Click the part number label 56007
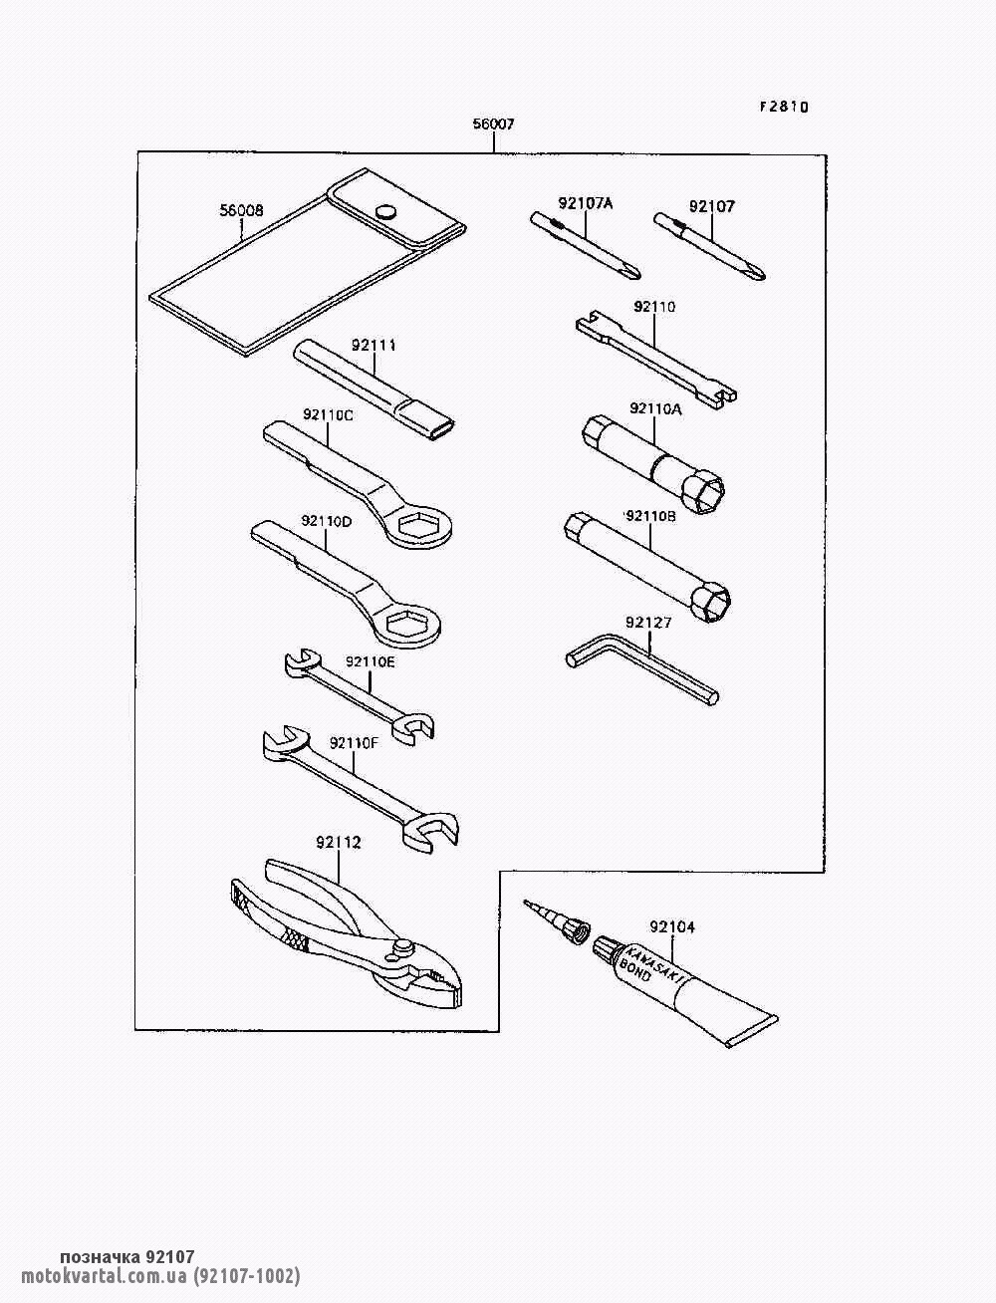pos(493,125)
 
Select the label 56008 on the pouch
pos(241,211)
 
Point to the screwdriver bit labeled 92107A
pos(585,246)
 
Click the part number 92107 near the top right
pos(712,206)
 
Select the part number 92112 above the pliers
pos(339,843)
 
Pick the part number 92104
pos(672,926)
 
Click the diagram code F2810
pos(784,107)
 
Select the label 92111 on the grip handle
pos(373,345)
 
